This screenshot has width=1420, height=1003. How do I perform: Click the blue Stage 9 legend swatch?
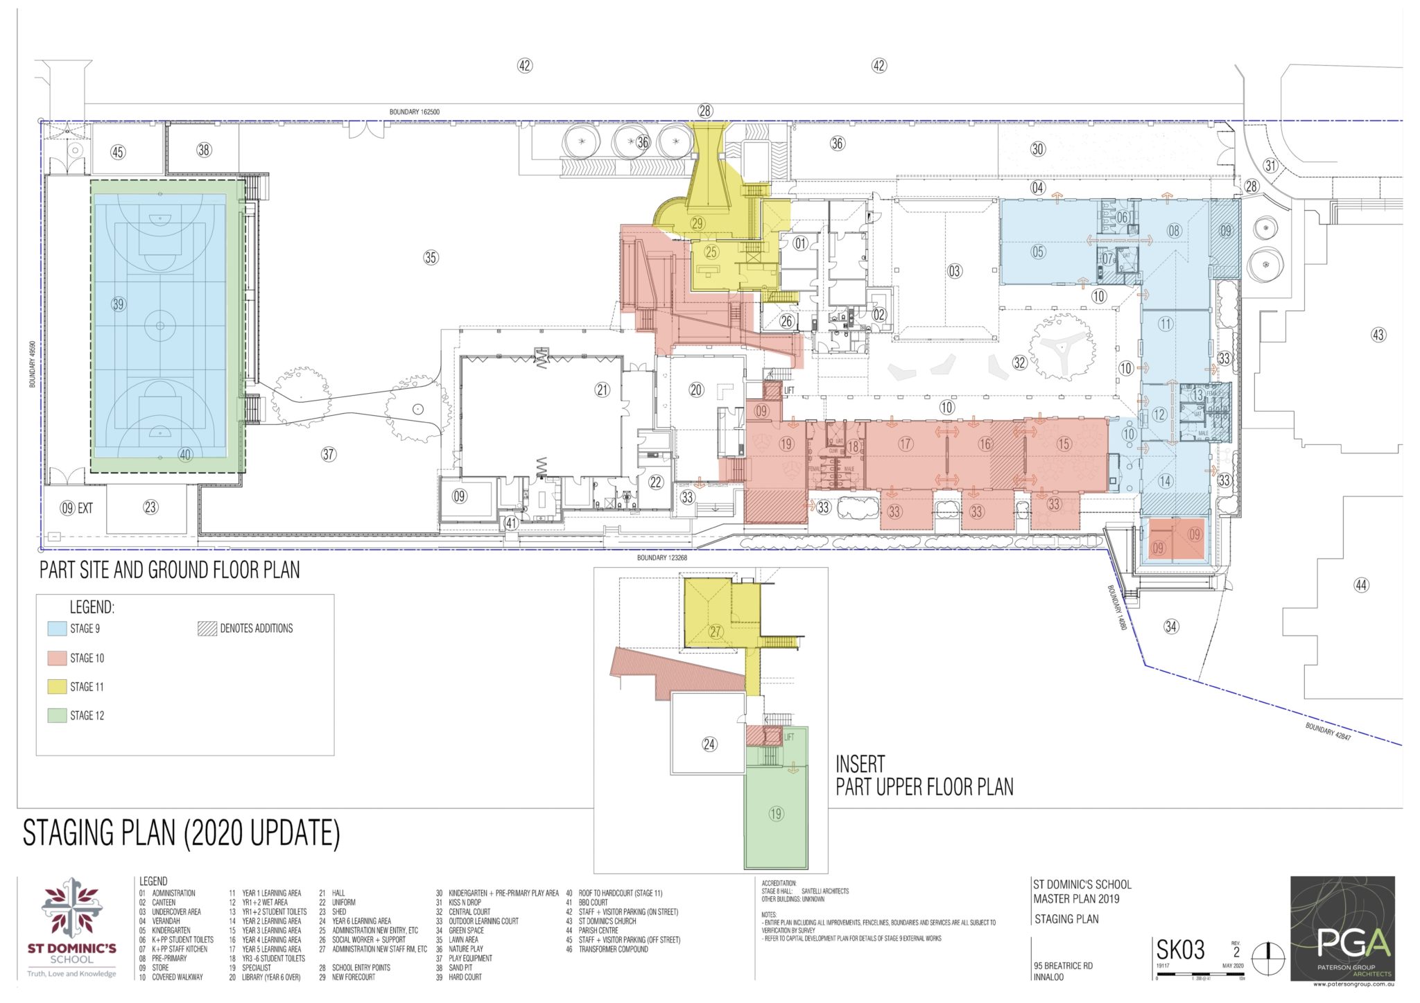point(57,629)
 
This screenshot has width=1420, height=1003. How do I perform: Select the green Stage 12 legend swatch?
point(57,715)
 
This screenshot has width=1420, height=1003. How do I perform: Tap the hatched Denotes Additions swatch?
point(207,629)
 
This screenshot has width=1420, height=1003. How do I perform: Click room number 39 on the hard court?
point(118,304)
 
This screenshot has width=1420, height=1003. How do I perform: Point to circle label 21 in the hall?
point(602,390)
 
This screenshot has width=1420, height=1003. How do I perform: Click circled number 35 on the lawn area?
point(431,257)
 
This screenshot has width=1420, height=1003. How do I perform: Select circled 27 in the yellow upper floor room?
point(716,631)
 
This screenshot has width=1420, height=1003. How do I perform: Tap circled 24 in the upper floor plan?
point(709,744)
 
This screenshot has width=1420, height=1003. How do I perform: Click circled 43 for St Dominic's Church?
point(1378,335)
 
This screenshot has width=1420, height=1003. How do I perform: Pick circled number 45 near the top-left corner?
point(118,152)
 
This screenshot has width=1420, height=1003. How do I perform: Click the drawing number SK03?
point(1180,950)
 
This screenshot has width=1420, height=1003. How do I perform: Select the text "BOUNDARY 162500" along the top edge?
point(414,112)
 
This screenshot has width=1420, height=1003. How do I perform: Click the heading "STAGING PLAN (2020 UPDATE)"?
point(182,833)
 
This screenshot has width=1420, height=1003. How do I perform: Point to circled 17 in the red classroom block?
point(905,444)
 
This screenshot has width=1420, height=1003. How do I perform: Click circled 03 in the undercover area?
point(955,271)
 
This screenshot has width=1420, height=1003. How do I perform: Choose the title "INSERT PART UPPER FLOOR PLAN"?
point(924,776)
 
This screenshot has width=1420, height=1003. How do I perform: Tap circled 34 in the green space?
point(1171,627)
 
